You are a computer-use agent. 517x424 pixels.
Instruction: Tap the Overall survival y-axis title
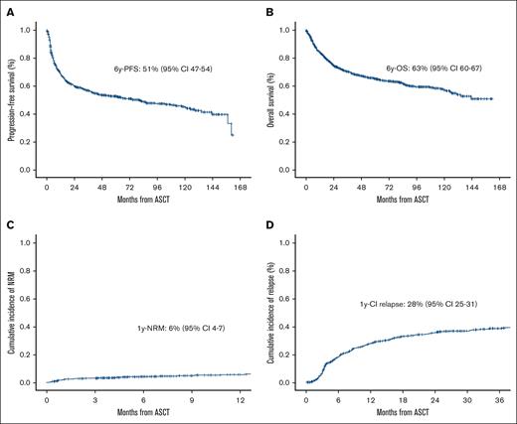point(270,100)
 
